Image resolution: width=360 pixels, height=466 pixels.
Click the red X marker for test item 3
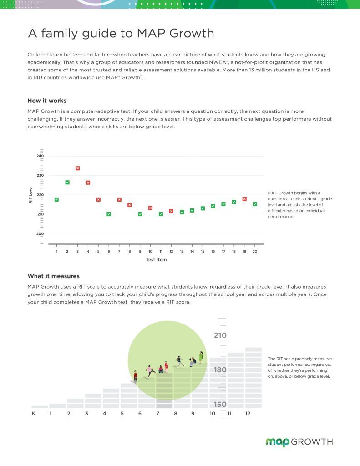tap(77, 168)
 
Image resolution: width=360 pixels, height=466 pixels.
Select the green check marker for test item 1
tap(57, 199)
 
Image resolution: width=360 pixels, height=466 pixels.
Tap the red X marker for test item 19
tap(244, 199)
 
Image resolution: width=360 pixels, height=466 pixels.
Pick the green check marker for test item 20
tap(255, 204)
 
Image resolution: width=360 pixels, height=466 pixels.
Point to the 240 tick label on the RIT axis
tap(40, 156)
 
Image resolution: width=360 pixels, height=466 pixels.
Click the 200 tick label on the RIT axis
tap(40, 233)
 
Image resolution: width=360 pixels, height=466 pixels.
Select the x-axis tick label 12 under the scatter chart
tap(171, 251)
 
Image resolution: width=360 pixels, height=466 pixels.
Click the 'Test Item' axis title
tap(157, 259)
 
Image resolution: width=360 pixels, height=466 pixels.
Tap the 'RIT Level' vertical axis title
tap(30, 195)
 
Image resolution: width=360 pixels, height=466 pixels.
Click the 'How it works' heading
tap(47, 101)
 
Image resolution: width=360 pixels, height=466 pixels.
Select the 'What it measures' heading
tap(54, 276)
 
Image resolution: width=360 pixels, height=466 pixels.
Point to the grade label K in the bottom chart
tap(33, 413)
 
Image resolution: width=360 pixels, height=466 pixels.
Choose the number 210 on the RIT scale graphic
tap(220, 335)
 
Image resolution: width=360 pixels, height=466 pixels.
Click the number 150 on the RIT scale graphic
tap(220, 404)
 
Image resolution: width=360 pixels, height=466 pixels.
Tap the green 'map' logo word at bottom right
tap(277, 442)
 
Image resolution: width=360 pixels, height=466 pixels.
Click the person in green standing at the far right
tap(201, 357)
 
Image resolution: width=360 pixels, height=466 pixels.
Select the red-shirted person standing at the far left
tap(136, 376)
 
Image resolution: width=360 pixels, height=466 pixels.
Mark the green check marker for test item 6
tap(109, 214)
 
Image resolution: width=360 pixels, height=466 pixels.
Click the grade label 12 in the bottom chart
tap(248, 413)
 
